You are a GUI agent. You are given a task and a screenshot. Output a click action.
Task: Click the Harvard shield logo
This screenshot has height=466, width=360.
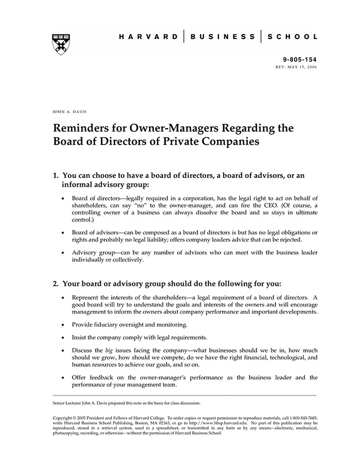(61, 44)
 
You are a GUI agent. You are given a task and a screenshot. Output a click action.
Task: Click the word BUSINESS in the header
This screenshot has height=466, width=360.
(223, 37)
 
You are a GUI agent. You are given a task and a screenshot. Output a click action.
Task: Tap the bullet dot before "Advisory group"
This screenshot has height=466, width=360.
(63, 253)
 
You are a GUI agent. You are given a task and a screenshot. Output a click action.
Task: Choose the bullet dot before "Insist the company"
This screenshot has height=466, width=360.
(63, 338)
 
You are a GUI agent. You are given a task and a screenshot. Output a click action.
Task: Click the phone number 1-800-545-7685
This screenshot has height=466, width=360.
(300, 417)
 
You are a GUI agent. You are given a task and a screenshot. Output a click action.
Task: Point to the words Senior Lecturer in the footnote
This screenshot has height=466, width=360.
(69, 403)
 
